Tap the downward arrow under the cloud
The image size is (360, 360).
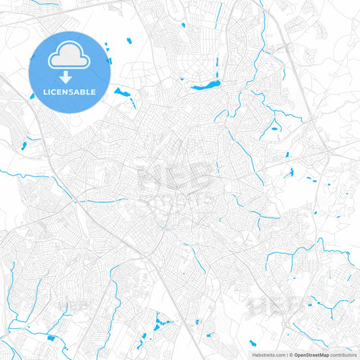70,76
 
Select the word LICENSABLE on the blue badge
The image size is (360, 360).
70,91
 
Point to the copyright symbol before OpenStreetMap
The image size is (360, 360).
291,354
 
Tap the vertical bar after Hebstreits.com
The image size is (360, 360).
286,354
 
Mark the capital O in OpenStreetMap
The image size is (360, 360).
297,354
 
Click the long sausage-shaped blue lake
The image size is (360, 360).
205,86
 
